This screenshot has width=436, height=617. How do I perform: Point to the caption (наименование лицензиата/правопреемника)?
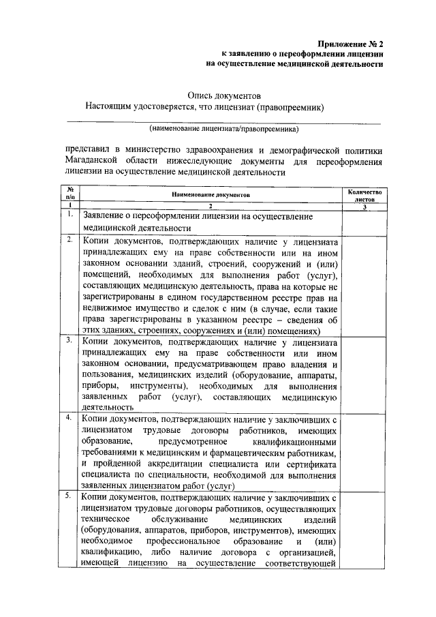click(224, 129)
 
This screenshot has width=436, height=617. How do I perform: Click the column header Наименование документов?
click(211, 195)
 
